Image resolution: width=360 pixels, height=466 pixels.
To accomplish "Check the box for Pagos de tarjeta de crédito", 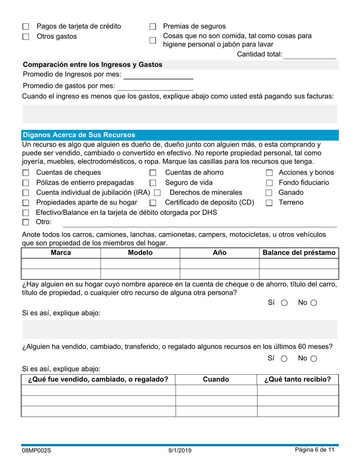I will click(26, 27).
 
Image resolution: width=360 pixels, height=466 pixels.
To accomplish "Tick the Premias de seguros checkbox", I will click(153, 27).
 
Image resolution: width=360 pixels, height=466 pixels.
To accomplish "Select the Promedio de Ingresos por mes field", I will click(158, 75).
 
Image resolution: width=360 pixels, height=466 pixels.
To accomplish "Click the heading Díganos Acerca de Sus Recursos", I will click(79, 135).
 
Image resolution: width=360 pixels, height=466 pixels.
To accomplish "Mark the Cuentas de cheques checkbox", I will click(26, 173).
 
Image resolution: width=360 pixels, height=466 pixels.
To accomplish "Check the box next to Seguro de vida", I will click(153, 183).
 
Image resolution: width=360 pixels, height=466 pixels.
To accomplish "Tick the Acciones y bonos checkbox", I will click(269, 173).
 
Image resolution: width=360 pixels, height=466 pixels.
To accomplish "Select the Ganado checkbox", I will click(269, 193).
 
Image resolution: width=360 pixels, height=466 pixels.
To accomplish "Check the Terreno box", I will click(269, 203).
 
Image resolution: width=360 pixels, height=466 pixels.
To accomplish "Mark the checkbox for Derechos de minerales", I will click(157, 193).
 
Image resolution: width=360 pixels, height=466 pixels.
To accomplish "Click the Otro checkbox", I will click(26, 222).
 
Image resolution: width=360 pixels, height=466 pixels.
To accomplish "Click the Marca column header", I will click(61, 253).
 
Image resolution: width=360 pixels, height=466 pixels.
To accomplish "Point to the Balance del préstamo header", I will click(299, 253).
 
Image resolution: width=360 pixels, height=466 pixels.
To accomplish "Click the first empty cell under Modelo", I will click(140, 263).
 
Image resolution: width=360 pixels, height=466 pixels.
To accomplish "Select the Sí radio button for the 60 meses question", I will click(284, 358).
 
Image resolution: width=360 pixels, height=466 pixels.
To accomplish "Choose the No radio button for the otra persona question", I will click(313, 303).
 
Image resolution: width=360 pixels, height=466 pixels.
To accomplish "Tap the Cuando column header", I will click(216, 380).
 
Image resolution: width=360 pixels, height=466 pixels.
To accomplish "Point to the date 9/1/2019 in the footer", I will click(180, 451).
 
